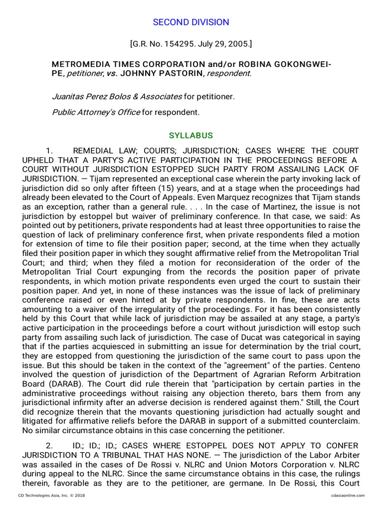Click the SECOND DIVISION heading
coord(191,22)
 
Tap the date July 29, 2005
coord(223,44)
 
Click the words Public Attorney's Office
coord(96,112)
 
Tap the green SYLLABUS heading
coord(191,136)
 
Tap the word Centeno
coord(343,365)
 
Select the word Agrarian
coord(231,375)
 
